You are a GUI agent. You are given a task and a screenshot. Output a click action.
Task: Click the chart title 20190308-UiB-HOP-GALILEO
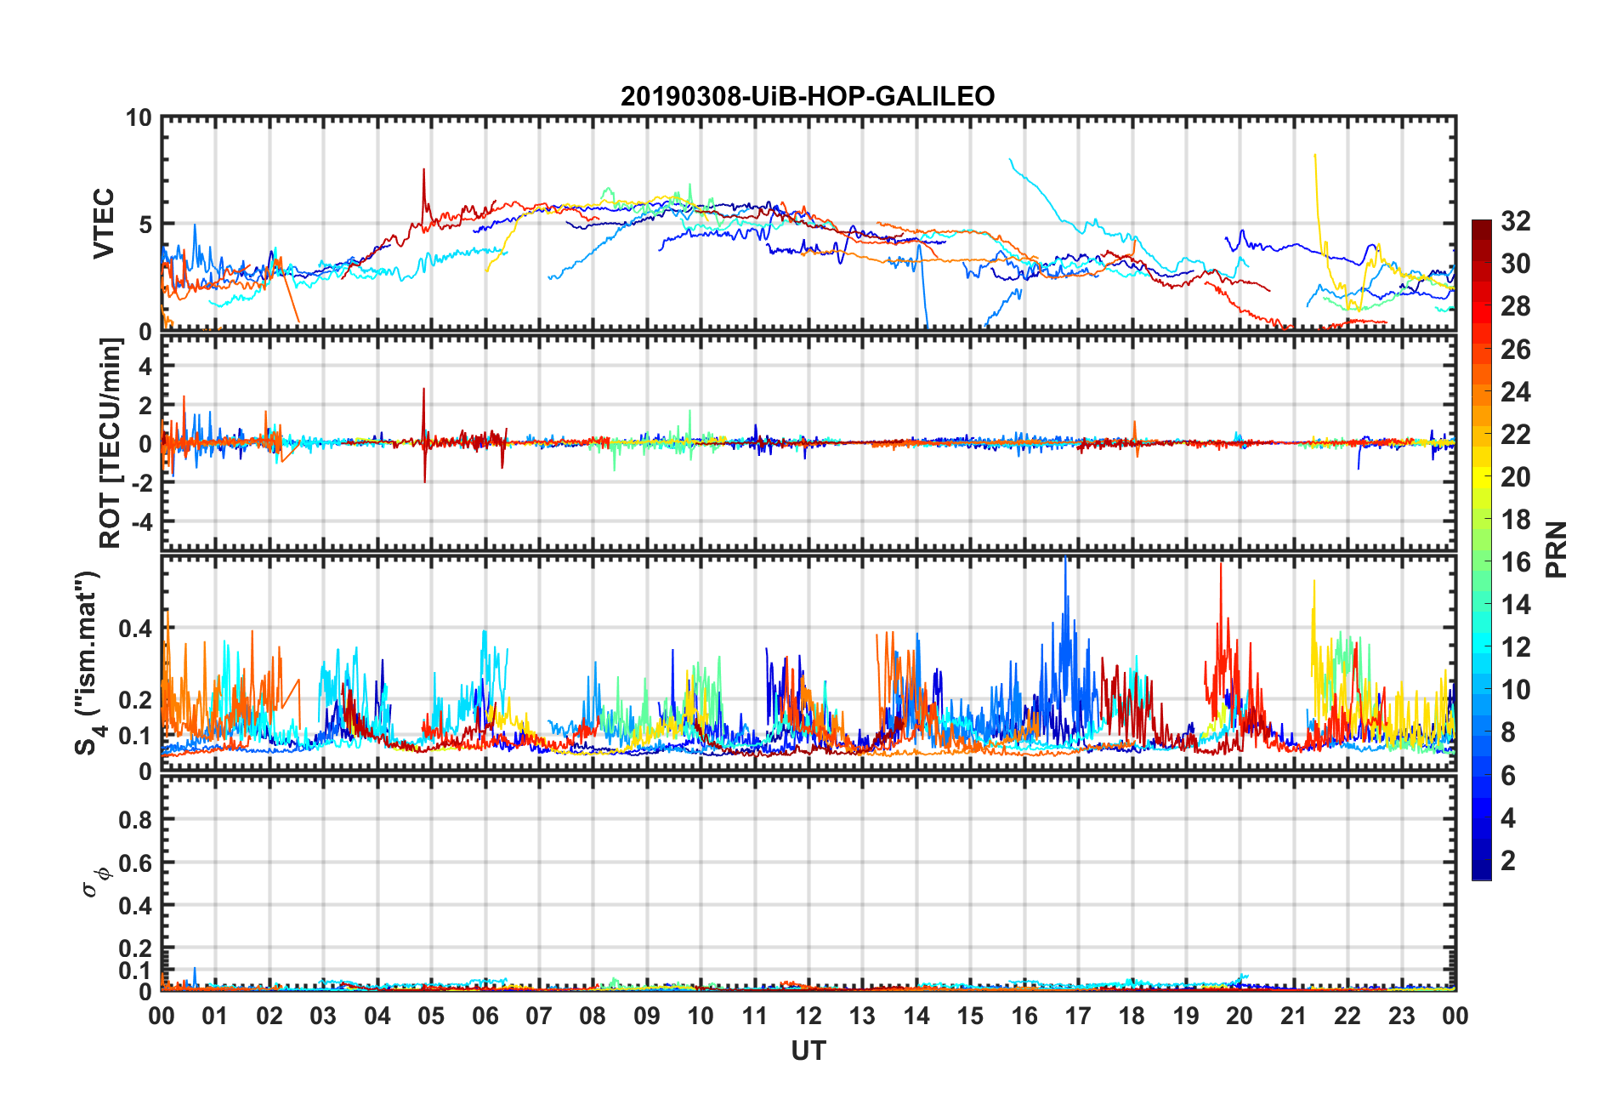[x=808, y=96]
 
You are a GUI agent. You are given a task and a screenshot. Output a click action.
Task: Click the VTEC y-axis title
[x=104, y=224]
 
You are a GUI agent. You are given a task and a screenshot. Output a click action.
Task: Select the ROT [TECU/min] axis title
[x=111, y=443]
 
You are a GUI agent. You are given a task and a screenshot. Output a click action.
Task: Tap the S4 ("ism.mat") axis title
[x=88, y=663]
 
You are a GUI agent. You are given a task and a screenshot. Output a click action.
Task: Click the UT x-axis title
[x=808, y=1051]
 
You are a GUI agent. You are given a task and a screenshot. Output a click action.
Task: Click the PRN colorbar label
[x=1556, y=549]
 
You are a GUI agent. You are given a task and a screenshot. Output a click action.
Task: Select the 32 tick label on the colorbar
[x=1516, y=221]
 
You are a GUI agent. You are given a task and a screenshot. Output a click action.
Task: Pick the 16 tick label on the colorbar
[x=1516, y=562]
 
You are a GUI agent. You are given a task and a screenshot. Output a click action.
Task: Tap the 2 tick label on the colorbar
[x=1508, y=861]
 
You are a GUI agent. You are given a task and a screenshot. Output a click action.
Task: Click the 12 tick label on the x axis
[x=808, y=1016]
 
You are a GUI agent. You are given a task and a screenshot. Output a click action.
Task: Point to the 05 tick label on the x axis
[x=431, y=1016]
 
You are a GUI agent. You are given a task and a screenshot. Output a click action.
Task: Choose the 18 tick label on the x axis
[x=1132, y=1016]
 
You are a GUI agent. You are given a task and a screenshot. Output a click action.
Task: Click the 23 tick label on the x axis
[x=1401, y=1016]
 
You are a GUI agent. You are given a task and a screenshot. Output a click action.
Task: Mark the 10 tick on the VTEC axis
[x=138, y=118]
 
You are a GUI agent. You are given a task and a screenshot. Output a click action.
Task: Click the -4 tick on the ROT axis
[x=141, y=521]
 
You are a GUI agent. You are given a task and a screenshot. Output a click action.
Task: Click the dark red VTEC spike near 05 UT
[x=423, y=171]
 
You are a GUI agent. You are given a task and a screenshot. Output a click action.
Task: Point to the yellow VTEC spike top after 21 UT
[x=1315, y=156]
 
